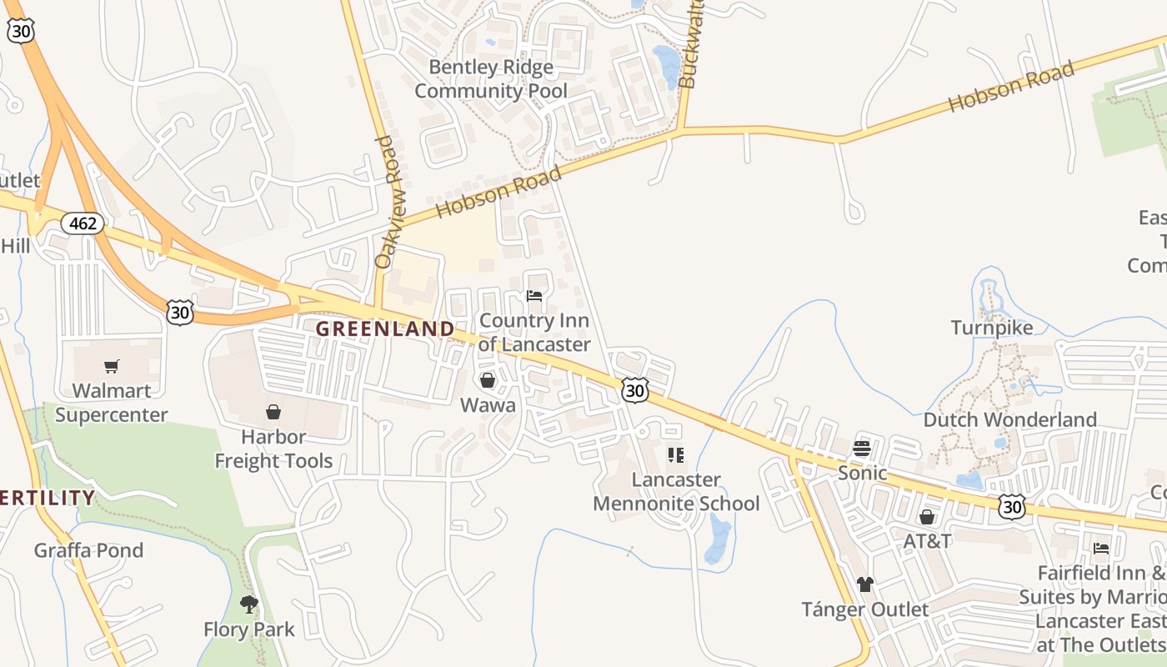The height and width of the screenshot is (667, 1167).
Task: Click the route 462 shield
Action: [x=83, y=223]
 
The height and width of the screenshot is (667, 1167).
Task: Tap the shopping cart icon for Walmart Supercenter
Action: [x=112, y=366]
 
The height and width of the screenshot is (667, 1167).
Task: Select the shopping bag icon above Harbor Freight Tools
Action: [x=273, y=412]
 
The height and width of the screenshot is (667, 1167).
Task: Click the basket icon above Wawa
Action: [x=488, y=380]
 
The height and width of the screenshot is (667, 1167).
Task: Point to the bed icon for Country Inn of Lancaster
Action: [x=534, y=296]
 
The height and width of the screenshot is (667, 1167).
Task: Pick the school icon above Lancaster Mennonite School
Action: [x=676, y=455]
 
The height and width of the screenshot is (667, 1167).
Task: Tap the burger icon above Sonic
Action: [x=862, y=449]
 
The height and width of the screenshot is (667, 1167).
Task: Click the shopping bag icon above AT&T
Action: [x=927, y=517]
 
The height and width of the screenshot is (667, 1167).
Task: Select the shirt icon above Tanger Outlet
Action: [x=865, y=584]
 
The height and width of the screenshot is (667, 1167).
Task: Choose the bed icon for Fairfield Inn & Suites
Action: [x=1101, y=549]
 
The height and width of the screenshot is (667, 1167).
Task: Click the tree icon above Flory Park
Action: [x=248, y=604]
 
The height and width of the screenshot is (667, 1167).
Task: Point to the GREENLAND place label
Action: [x=385, y=328]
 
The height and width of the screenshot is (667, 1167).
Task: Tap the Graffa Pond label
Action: [x=88, y=550]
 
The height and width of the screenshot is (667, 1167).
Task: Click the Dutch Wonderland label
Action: [x=1009, y=419]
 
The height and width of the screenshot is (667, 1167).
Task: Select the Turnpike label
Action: [x=992, y=328]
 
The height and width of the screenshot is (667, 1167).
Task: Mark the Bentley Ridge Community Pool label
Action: [x=491, y=78]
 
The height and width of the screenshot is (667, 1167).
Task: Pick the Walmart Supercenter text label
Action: [x=112, y=403]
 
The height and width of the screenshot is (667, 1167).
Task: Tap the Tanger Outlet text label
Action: [x=865, y=609]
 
